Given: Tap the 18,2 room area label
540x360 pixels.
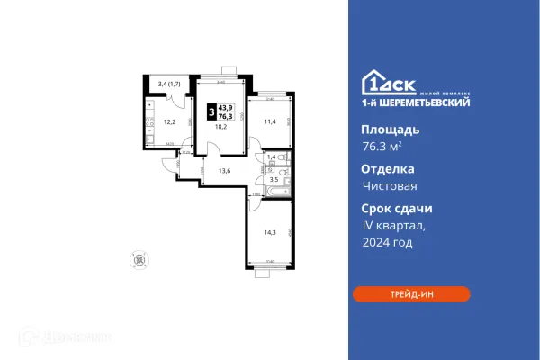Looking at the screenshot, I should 220,128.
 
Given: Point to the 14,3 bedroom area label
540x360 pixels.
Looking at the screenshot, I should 270,232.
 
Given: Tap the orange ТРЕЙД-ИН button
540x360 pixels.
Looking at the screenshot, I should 410,293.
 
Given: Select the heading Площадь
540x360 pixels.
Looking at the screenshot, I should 383,129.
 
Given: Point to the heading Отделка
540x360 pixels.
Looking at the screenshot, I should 382,168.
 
